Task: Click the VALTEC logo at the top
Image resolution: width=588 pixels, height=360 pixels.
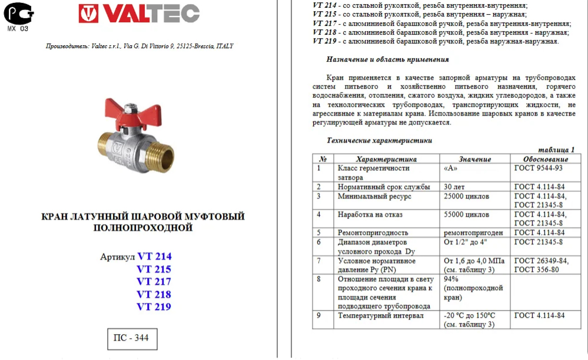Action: tap(139, 14)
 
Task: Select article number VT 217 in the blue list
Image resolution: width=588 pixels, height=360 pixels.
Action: tap(154, 281)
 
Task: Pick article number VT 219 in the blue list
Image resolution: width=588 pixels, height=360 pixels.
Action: tap(154, 306)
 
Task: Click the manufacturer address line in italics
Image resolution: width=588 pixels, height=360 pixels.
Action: tap(139, 46)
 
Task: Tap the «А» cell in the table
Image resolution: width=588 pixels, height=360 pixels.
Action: tap(451, 168)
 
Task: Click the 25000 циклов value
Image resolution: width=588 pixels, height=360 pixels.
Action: tap(466, 196)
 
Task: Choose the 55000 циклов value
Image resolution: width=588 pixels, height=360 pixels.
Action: tap(466, 215)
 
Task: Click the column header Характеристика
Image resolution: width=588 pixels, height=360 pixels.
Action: tap(386, 159)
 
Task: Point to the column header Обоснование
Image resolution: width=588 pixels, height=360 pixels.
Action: tap(546, 159)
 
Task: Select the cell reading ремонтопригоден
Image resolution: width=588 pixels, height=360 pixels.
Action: tap(473, 233)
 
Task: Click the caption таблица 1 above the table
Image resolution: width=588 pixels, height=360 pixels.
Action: tap(556, 150)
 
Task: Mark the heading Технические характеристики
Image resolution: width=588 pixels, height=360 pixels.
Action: tap(379, 141)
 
